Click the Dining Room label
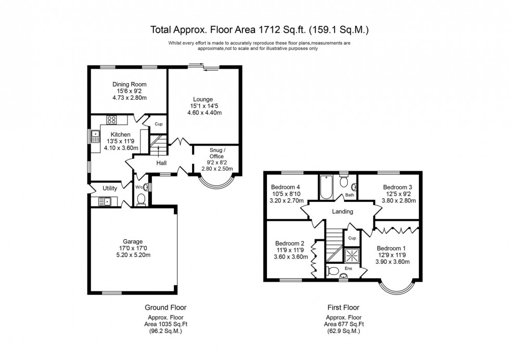pyautogui.click(x=130, y=84)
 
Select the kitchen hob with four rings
pyautogui.click(x=111, y=120)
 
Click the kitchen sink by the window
pyautogui.click(x=96, y=137)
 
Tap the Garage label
pyautogui.click(x=133, y=241)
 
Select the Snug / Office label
pyautogui.click(x=216, y=153)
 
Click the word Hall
pyautogui.click(x=161, y=163)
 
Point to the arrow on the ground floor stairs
pyautogui.click(x=159, y=150)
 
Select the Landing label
pyautogui.click(x=342, y=212)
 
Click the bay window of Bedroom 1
pyautogui.click(x=395, y=289)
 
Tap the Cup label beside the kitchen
pyautogui.click(x=158, y=124)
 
